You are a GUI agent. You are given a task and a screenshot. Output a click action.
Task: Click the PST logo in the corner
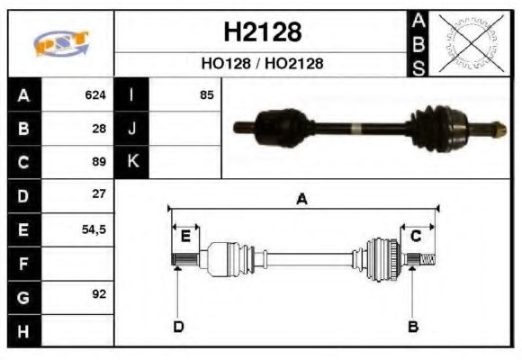(x=61, y=43)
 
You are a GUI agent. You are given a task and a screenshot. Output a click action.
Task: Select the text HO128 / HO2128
(x=262, y=64)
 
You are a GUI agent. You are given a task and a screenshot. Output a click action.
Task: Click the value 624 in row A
(x=95, y=94)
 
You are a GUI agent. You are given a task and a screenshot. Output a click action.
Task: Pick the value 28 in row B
(x=99, y=128)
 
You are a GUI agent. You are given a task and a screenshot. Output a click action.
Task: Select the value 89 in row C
(x=99, y=162)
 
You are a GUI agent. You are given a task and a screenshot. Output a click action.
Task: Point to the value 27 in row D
(x=99, y=194)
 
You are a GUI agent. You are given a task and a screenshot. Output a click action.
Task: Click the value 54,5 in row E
(x=93, y=229)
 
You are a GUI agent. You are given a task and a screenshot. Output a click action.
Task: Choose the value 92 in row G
(x=99, y=294)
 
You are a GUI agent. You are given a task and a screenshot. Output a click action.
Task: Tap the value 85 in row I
(x=207, y=94)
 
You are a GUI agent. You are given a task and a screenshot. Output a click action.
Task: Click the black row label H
(x=23, y=330)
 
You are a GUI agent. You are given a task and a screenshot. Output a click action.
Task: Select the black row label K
(x=132, y=162)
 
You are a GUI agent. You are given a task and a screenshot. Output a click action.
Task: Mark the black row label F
(x=23, y=263)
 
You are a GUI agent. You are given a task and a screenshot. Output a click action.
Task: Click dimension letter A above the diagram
(x=302, y=200)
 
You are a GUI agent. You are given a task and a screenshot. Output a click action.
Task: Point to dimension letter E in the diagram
(x=184, y=237)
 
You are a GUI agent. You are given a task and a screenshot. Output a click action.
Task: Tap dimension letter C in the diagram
(x=416, y=237)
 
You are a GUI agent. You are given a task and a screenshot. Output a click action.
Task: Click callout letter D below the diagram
(x=178, y=326)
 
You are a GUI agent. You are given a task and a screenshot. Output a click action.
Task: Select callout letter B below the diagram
(x=413, y=326)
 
